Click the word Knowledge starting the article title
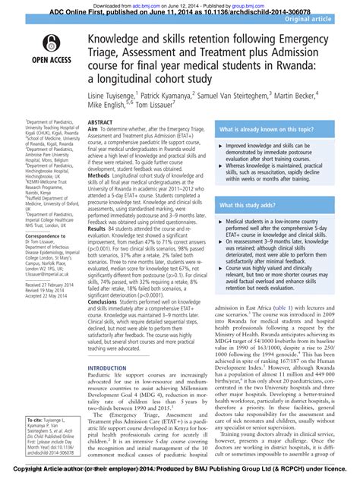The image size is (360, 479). point(122,39)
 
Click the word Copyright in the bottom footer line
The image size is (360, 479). point(18,472)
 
